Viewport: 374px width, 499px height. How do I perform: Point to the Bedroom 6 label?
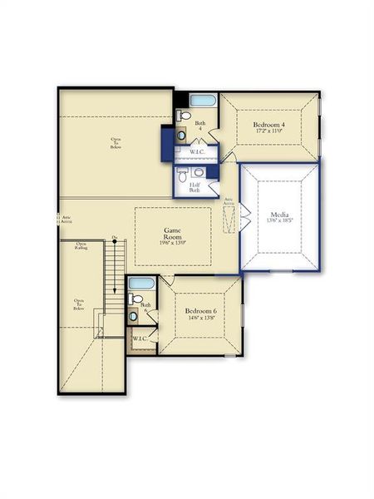pyautogui.click(x=201, y=310)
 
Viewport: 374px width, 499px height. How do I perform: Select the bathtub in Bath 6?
pyautogui.click(x=141, y=283)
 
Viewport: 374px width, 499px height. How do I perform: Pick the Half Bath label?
pyautogui.click(x=194, y=187)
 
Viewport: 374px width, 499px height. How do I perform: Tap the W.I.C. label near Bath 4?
pyautogui.click(x=197, y=152)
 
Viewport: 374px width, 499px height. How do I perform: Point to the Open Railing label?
pyautogui.click(x=81, y=246)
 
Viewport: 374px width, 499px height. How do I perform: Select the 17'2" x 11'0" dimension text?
pyautogui.click(x=271, y=131)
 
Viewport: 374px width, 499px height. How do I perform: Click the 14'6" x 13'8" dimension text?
pyautogui.click(x=201, y=317)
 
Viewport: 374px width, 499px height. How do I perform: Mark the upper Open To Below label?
pyautogui.click(x=116, y=142)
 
